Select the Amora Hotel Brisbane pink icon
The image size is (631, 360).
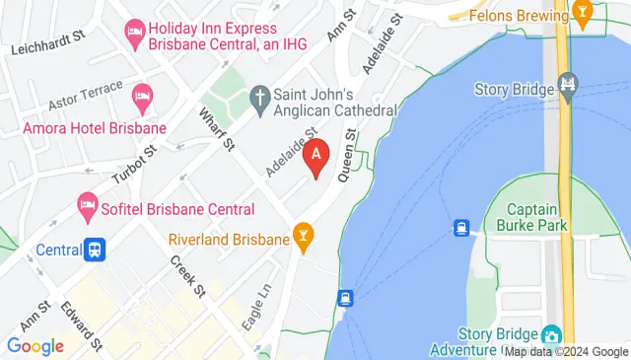141,96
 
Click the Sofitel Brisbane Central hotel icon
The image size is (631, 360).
86,208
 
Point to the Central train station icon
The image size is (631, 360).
95,249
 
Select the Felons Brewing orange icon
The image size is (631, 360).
584,15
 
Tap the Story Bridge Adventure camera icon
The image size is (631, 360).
549,335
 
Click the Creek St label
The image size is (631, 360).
187,277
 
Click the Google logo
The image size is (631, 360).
35,346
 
